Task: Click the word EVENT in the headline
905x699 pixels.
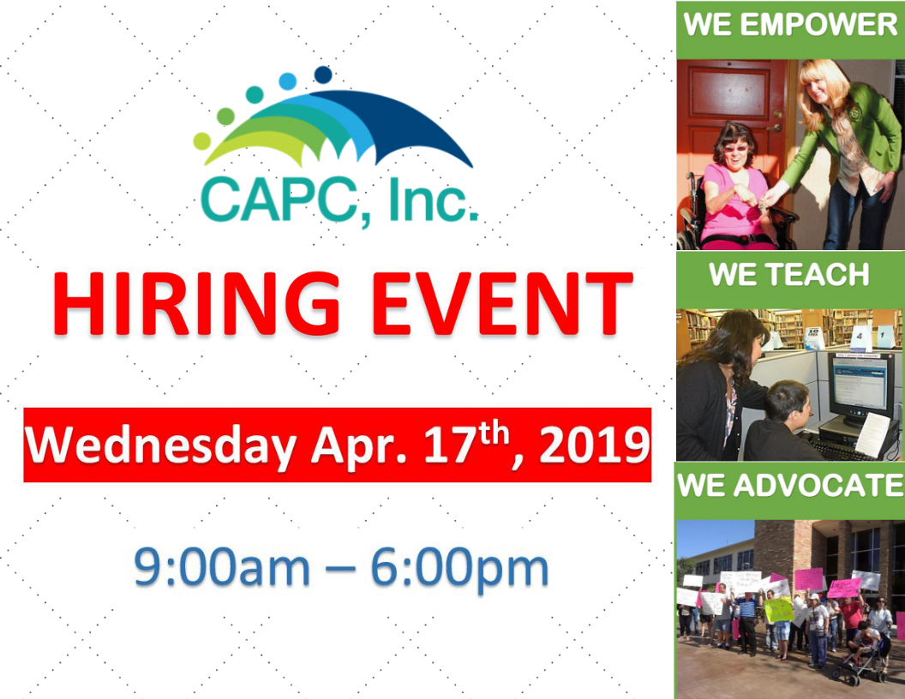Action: pos(503,303)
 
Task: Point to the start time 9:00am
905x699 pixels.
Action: pos(222,567)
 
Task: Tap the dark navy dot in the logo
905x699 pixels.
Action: pos(323,75)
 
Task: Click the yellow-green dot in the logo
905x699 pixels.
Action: pos(202,140)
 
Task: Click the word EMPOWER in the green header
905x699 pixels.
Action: pos(818,24)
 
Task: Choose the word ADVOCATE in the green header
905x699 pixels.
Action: pos(818,485)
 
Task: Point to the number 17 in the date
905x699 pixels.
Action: pos(447,445)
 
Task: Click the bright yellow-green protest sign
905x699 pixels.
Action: pos(779,610)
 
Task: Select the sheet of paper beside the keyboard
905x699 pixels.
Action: pos(872,433)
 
